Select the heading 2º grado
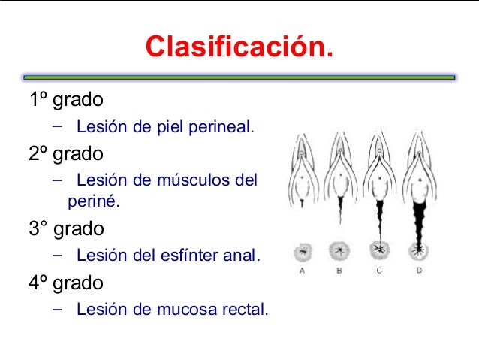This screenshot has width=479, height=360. point(66,154)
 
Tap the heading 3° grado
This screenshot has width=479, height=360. point(66,227)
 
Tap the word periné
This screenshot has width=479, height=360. point(93,201)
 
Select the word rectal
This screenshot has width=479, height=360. point(243,308)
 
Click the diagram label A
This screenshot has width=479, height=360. point(302,269)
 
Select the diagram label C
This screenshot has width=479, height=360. point(378,269)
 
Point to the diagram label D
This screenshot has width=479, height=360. point(418,269)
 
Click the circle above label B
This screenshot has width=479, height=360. point(339,250)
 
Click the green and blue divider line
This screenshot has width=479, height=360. point(239,77)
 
